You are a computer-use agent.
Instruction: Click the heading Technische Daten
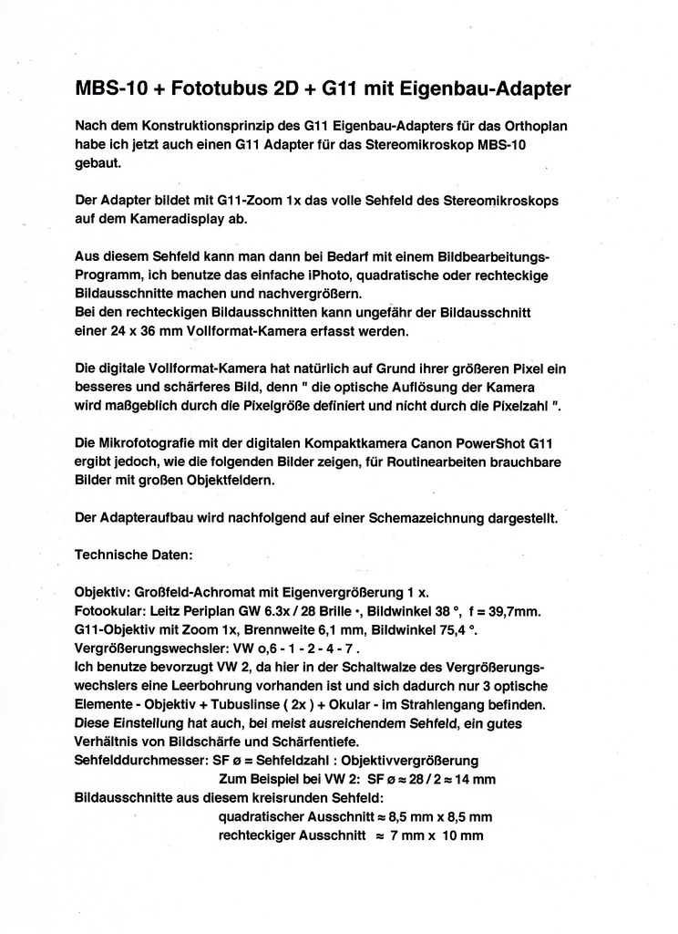[133, 554]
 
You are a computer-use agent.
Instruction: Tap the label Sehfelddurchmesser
[141, 761]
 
